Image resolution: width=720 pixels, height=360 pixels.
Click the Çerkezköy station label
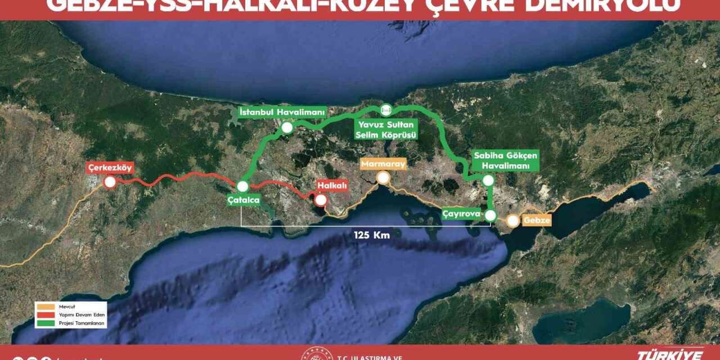pos(110,168)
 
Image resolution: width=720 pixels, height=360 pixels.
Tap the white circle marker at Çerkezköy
pos(110,182)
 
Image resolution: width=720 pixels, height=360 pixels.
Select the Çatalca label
pos(244,200)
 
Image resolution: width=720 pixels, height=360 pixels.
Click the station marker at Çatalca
pos(243,186)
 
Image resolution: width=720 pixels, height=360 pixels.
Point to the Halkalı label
pos(332,186)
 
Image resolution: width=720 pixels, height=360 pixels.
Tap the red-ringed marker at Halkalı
pos(321,200)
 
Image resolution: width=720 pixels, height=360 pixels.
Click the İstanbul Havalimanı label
pos(282,112)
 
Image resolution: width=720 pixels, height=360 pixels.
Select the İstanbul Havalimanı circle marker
pos(287,128)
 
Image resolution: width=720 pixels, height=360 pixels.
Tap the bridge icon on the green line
pos(385,109)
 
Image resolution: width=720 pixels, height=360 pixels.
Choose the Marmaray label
pos(383,164)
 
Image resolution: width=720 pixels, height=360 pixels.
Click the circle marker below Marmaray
pos(384,178)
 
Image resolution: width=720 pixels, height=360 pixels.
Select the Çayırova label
pos(461,214)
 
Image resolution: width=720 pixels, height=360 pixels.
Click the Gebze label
pos(536,220)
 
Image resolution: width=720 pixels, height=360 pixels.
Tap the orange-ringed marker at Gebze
pos(513,221)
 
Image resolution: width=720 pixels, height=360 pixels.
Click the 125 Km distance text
pos(372,235)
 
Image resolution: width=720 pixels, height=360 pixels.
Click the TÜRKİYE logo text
pos(670,355)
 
